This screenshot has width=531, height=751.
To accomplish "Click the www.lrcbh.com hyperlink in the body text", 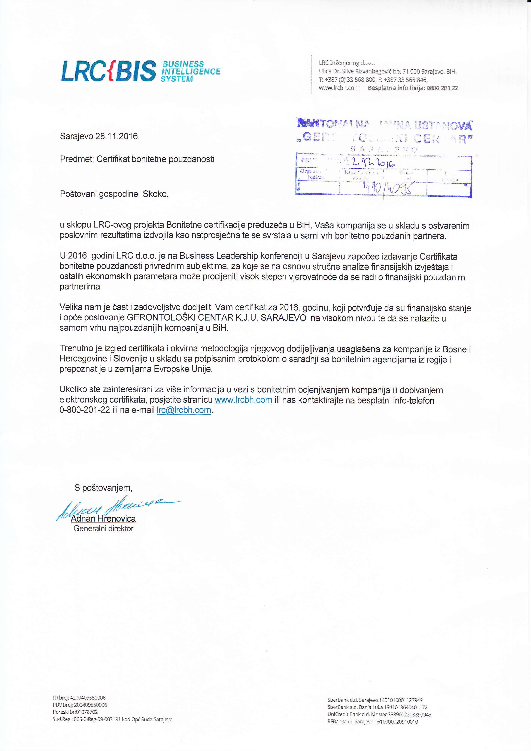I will click(x=243, y=400).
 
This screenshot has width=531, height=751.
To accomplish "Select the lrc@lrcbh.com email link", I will click(x=184, y=410).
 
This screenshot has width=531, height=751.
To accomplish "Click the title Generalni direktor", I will click(x=103, y=529).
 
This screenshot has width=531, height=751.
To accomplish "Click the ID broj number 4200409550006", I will click(x=88, y=698).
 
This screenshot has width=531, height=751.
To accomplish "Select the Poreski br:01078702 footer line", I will click(x=75, y=712).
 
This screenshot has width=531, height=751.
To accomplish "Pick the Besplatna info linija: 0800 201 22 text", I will click(x=413, y=88).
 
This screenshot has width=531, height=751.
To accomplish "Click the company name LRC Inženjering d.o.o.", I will click(x=347, y=63).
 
